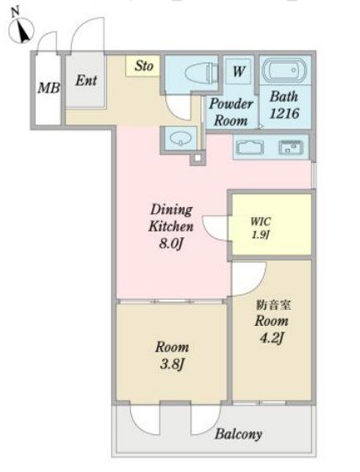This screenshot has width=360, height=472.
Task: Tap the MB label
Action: click(48, 89)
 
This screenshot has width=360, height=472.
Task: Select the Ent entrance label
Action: click(86, 80)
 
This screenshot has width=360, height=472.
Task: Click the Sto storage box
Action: click(143, 66)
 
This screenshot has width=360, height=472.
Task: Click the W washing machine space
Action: click(239, 71)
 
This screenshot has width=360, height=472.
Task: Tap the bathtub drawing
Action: click(285, 70)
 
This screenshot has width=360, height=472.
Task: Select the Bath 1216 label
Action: click(284, 105)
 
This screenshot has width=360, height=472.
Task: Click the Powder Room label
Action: click(231, 112)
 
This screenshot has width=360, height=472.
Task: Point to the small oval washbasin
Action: click(180, 139)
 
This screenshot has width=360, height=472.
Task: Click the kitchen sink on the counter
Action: click(291, 148)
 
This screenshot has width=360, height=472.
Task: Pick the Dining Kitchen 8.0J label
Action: click(171, 226)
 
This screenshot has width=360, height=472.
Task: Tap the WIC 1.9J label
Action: click(261, 228)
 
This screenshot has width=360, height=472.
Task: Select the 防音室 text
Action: click(273, 305)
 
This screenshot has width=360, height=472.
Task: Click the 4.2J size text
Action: click(271, 338)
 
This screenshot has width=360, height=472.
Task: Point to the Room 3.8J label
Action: click(172, 356)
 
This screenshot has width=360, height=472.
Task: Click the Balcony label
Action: click(238, 434)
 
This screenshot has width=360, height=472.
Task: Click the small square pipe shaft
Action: click(198, 158)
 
